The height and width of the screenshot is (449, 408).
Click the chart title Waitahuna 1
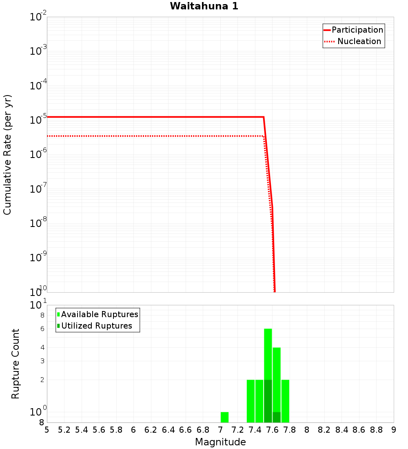pyautogui.click(x=204, y=6)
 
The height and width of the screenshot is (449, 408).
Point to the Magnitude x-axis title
pyautogui.click(x=220, y=442)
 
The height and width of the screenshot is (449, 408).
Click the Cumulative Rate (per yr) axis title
pyautogui.click(x=7, y=154)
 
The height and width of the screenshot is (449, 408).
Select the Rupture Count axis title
pyautogui.click(x=16, y=363)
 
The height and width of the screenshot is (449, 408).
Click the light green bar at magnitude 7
pyautogui.click(x=224, y=417)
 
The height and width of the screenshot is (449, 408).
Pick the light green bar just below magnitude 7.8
pyautogui.click(x=285, y=401)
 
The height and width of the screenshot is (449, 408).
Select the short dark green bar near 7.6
pyautogui.click(x=277, y=417)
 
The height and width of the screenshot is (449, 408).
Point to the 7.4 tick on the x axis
pyautogui.click(x=255, y=430)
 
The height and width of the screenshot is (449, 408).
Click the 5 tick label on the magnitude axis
pyautogui.click(x=47, y=430)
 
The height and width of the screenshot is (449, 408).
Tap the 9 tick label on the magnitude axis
pyautogui.click(x=394, y=430)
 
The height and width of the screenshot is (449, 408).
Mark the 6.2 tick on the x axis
pyautogui.click(x=151, y=430)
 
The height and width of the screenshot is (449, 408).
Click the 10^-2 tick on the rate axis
pyautogui.click(x=38, y=17)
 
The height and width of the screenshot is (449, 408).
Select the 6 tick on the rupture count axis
pyautogui.click(x=42, y=329)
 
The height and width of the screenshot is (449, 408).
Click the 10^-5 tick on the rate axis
pyautogui.click(x=38, y=120)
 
